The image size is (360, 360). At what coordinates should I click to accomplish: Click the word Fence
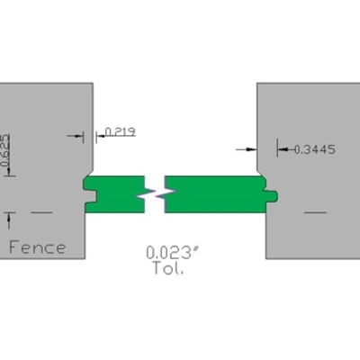click(38, 247)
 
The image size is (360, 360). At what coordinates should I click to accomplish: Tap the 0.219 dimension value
click(121, 131)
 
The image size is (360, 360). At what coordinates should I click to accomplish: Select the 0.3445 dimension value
click(315, 149)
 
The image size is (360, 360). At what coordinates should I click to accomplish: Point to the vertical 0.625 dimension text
click(5, 150)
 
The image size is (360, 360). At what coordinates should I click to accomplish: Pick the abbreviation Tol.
click(168, 268)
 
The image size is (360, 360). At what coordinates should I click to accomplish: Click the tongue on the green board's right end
click(271, 195)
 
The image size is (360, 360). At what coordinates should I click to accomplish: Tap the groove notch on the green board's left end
click(90, 195)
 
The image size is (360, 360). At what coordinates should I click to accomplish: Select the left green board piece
click(114, 194)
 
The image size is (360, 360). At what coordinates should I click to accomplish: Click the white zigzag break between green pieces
click(155, 194)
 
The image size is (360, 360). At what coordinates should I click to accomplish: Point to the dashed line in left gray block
click(41, 212)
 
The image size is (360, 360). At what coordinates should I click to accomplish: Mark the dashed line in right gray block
click(315, 212)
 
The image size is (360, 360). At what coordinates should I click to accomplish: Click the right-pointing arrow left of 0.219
click(75, 136)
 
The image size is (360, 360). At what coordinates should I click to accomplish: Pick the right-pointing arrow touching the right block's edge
click(247, 149)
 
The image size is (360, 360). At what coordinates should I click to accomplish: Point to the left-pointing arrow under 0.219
click(101, 136)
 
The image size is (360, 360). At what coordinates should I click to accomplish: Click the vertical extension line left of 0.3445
click(277, 148)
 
